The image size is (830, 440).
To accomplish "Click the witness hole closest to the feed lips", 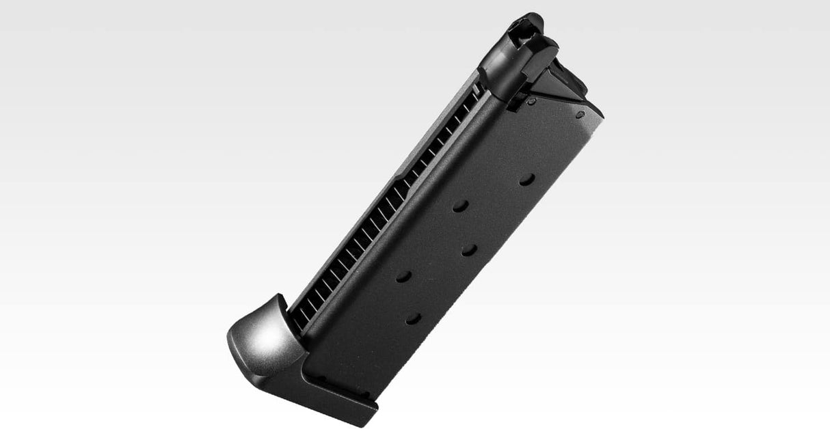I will click(x=526, y=180).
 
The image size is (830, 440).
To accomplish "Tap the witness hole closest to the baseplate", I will click(x=413, y=318).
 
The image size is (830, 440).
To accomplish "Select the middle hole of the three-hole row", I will click(x=469, y=250).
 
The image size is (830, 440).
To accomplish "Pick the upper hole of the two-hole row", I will click(x=461, y=206).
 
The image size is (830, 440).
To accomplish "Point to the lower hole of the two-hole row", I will click(x=403, y=277).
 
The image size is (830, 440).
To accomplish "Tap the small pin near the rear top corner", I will click(x=580, y=114).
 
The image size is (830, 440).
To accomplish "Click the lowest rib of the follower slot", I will click(x=301, y=318).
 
